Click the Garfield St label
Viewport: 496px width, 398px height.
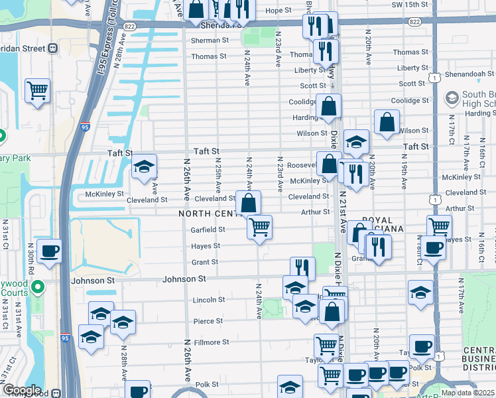click(208, 230)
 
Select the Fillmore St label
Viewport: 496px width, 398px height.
click(211, 342)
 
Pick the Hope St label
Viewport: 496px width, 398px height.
click(278, 11)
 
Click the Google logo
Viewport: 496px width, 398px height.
click(21, 391)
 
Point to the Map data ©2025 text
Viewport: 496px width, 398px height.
click(467, 393)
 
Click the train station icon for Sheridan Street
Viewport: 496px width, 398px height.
click(52, 48)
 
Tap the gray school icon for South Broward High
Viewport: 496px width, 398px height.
click(452, 98)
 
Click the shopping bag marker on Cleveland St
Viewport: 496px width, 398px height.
click(249, 203)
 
